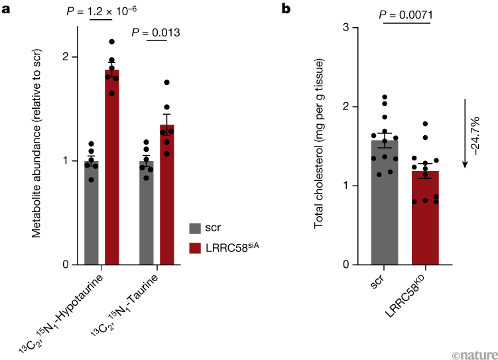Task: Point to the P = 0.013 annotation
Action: pyautogui.click(x=156, y=32)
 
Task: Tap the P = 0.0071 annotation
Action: pyautogui.click(x=405, y=14)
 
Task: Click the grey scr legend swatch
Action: pyautogui.click(x=195, y=229)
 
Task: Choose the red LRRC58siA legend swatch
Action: pyautogui.click(x=195, y=247)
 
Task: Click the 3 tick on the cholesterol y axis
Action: pyautogui.click(x=346, y=27)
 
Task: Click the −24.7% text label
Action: pyautogui.click(x=477, y=136)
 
